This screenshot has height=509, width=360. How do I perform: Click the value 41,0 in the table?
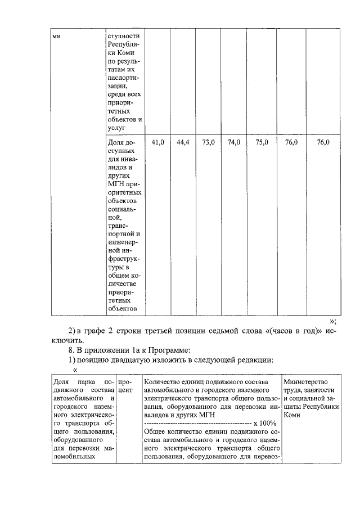[x=158, y=143]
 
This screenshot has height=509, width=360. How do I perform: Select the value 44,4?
[x=182, y=143]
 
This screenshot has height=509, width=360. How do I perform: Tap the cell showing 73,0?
[x=208, y=143]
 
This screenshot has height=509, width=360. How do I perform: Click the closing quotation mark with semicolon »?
[x=332, y=321]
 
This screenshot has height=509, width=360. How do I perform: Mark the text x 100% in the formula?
[x=264, y=422]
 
